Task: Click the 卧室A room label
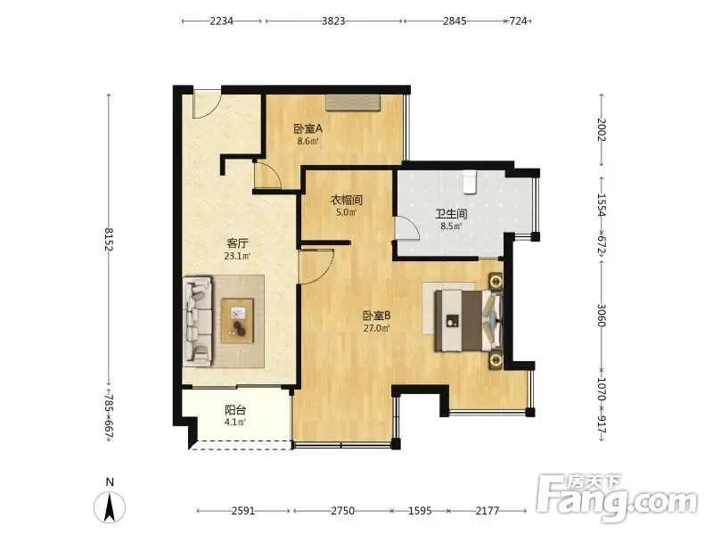tap(307, 128)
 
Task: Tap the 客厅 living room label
tap(237, 243)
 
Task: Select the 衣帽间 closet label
tap(346, 200)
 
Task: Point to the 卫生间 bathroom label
tap(451, 214)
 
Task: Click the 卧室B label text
tap(376, 316)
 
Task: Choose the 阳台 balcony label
tap(235, 410)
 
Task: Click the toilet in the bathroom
tap(470, 182)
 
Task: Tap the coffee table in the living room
tap(237, 320)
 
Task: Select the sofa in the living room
tap(198, 321)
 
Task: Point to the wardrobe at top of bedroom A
tap(353, 103)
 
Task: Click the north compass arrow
tap(110, 507)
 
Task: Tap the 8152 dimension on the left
tap(109, 239)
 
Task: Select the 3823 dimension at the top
tap(333, 21)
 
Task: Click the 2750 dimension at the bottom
tap(342, 511)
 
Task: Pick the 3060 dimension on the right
tap(601, 315)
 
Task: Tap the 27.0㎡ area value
tap(376, 328)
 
